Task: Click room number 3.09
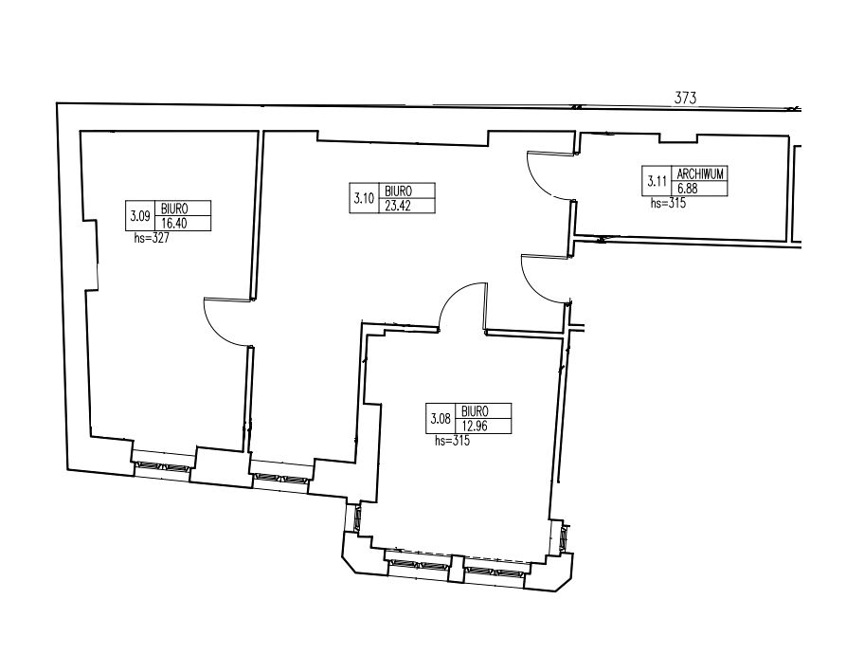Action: click(x=140, y=216)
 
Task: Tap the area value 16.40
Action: click(x=174, y=224)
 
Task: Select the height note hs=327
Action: click(x=152, y=238)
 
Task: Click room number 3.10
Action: click(x=364, y=198)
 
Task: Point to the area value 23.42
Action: click(x=398, y=206)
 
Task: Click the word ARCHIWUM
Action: click(x=700, y=173)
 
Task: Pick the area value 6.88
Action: click(x=687, y=189)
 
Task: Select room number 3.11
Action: click(x=657, y=181)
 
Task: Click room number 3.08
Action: click(x=441, y=418)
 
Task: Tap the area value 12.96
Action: click(x=475, y=426)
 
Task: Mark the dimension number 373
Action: click(x=685, y=98)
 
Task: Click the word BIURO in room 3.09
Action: click(x=174, y=209)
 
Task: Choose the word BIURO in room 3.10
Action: click(x=398, y=191)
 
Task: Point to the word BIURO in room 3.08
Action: click(x=475, y=411)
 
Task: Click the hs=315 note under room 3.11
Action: click(x=668, y=203)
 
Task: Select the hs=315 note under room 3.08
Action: click(x=452, y=441)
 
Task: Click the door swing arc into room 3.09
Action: click(x=214, y=331)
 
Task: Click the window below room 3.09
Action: click(x=162, y=467)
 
